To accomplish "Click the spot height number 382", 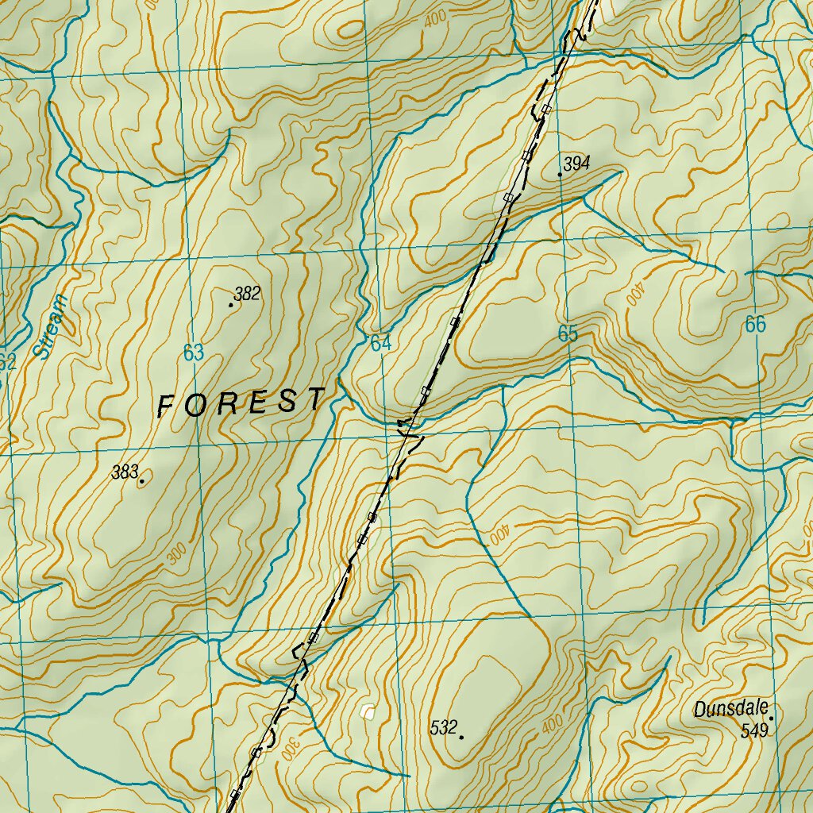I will click(248, 295).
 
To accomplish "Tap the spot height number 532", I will click(444, 727).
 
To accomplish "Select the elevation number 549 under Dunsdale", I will click(754, 730).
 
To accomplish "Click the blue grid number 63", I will click(194, 353).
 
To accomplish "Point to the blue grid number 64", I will click(381, 344).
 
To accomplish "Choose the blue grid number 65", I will click(568, 334).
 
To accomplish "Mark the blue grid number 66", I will click(756, 324).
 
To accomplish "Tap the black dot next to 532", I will click(461, 738).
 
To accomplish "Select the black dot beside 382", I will click(231, 305).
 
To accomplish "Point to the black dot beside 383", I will click(142, 481).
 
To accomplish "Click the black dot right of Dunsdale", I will click(770, 718).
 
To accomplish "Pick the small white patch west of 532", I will click(367, 711).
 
